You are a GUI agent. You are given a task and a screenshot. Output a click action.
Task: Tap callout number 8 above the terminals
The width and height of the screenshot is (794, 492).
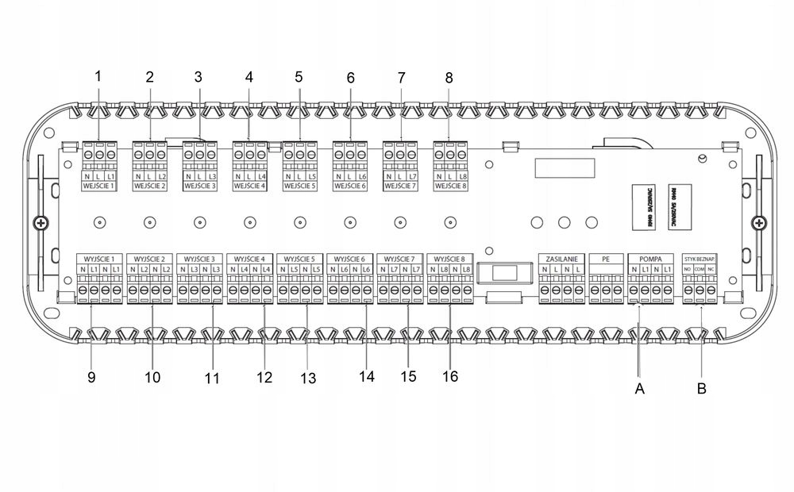tap(449, 78)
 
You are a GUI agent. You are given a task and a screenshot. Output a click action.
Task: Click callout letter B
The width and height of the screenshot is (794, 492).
tap(702, 389)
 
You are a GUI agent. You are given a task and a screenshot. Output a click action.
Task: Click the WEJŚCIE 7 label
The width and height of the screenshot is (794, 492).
tap(400, 186)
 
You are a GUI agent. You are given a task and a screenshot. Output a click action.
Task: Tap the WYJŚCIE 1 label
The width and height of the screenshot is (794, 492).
tap(100, 259)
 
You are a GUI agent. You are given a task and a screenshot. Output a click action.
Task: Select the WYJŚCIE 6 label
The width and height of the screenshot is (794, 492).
tap(350, 259)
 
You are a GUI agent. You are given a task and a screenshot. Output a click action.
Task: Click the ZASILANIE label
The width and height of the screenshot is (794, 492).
tap(562, 259)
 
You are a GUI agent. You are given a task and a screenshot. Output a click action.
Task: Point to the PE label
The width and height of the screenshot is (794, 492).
tap(606, 259)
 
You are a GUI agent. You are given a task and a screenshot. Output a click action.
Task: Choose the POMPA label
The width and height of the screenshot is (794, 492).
tap(649, 259)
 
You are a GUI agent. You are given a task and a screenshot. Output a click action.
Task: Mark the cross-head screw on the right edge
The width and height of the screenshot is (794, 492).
tap(760, 225)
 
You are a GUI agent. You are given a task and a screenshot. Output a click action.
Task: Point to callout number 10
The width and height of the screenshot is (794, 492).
tap(152, 378)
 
